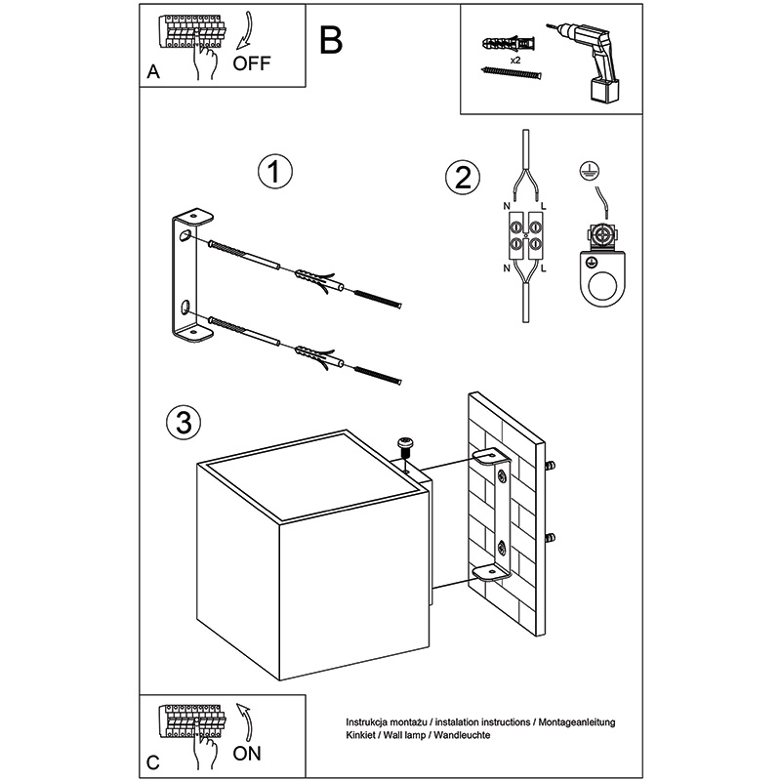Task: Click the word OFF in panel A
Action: pos(252,65)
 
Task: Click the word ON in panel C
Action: pos(248,753)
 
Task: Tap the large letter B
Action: pos(331,40)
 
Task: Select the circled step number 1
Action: pos(275,172)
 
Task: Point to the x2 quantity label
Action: pos(514,61)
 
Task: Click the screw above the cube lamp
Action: pos(407,446)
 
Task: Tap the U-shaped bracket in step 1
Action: pos(188,277)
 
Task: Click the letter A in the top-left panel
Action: pos(152,73)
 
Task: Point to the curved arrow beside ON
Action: pos(244,723)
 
